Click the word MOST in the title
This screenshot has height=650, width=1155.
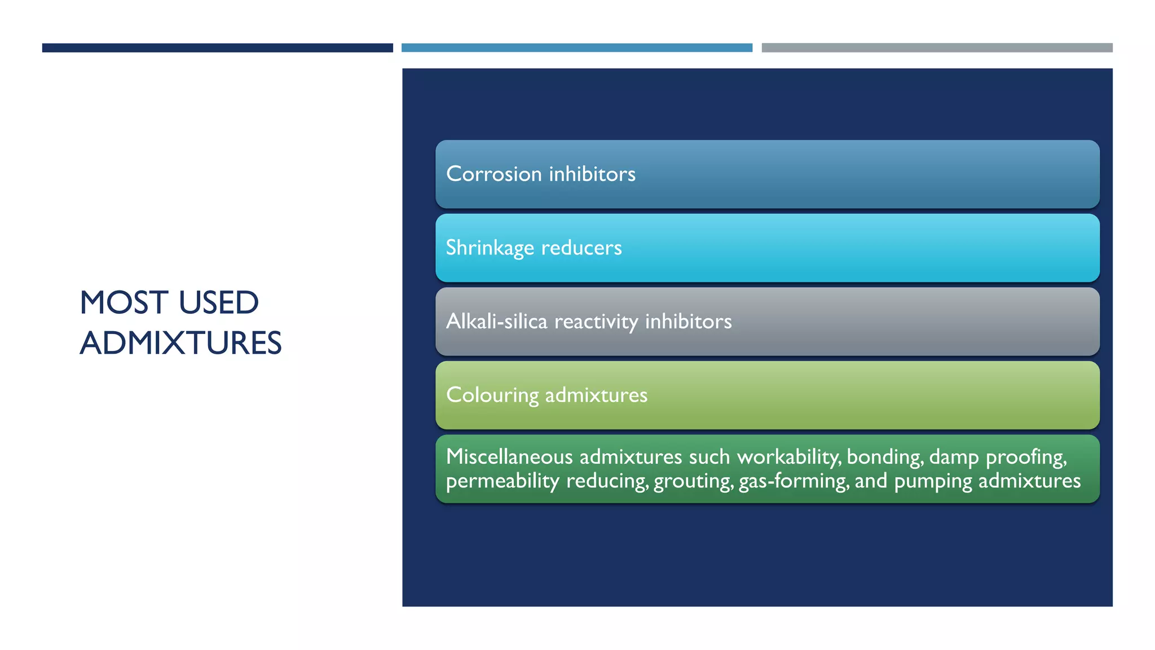(x=124, y=302)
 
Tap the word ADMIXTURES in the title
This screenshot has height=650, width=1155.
(x=180, y=343)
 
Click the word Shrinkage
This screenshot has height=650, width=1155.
(x=490, y=248)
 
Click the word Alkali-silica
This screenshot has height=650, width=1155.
(x=496, y=321)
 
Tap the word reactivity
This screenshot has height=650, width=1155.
(x=596, y=321)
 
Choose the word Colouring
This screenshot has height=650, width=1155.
(x=492, y=395)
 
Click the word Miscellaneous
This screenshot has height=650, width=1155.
(x=509, y=456)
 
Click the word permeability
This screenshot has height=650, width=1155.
(x=502, y=481)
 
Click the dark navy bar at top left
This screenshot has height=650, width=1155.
(x=217, y=48)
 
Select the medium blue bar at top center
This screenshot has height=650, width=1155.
(x=576, y=48)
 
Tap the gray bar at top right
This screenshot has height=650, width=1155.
(x=937, y=48)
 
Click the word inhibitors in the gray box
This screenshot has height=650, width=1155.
(x=688, y=321)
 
